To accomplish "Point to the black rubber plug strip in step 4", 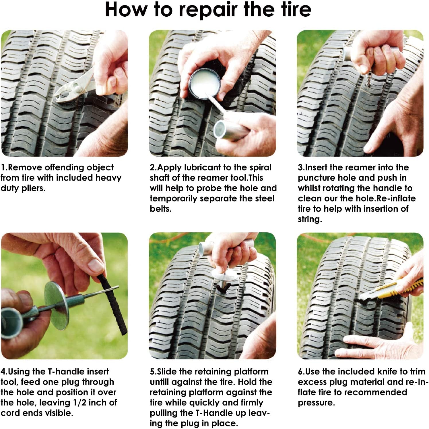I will coord(113,304).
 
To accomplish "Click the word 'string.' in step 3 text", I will coord(310,219).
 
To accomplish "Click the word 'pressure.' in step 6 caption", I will coord(316,403).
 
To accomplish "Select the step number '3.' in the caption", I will coord(301,167).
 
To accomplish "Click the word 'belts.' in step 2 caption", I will coord(160,209).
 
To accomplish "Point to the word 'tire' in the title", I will coord(296,10).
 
